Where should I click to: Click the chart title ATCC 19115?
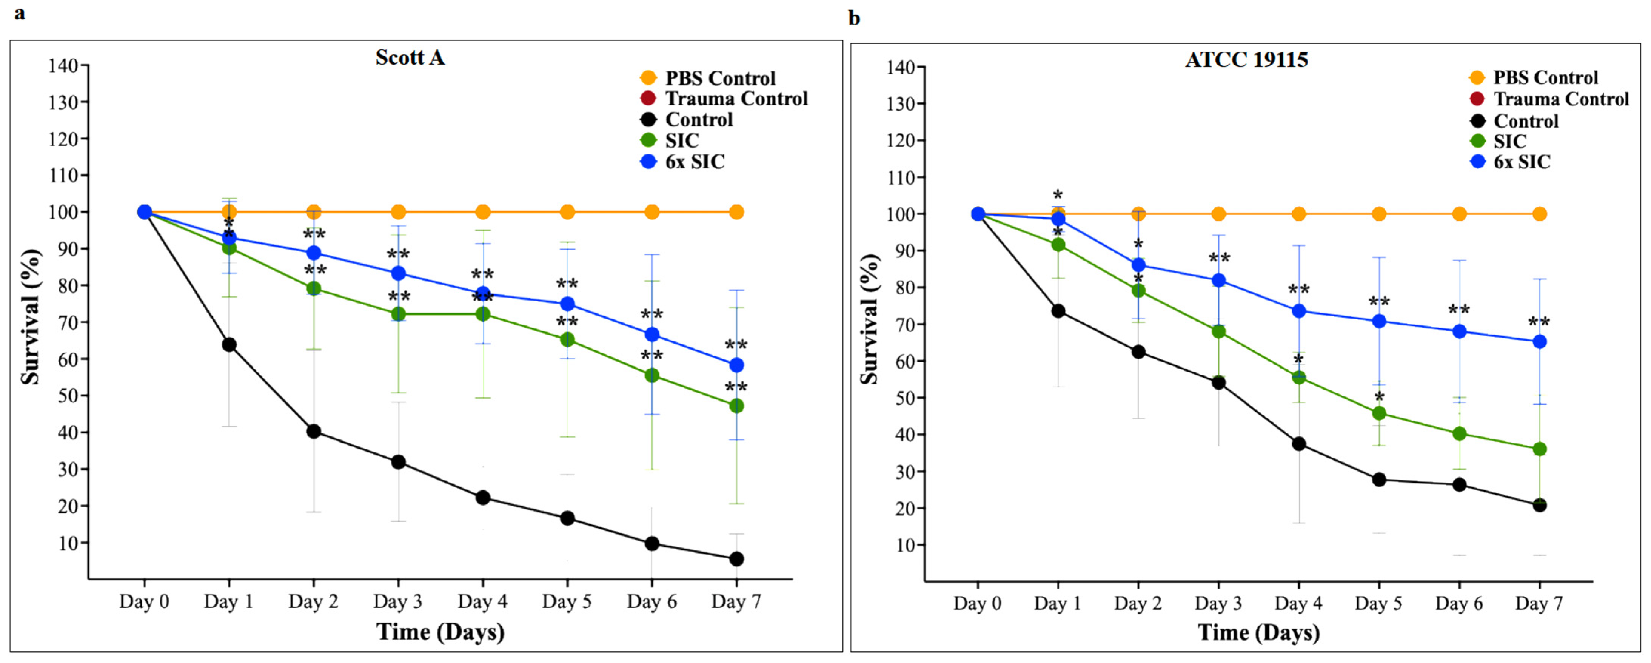(1247, 60)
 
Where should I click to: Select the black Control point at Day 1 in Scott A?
(229, 345)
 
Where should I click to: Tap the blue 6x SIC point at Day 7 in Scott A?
(736, 365)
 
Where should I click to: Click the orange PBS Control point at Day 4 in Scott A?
(483, 212)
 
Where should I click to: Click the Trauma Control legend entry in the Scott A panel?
(736, 99)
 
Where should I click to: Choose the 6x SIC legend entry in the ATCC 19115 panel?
(1522, 162)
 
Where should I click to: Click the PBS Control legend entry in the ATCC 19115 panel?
(1545, 77)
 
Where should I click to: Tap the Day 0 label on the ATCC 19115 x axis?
(977, 604)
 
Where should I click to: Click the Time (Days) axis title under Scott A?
(440, 632)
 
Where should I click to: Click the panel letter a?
(20, 13)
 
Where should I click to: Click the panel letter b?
(854, 18)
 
